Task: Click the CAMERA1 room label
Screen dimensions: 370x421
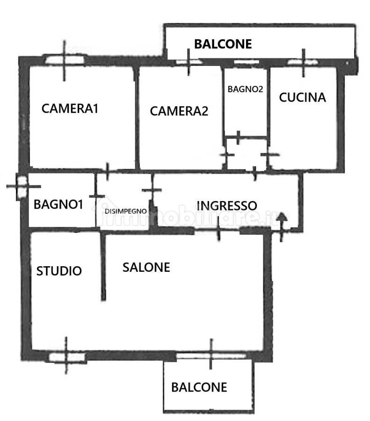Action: [x=70, y=109]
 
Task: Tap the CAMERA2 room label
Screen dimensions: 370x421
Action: [x=179, y=111]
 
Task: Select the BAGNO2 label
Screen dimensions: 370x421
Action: [x=245, y=89]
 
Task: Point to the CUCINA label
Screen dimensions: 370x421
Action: [x=302, y=97]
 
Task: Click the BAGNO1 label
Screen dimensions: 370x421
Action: [x=58, y=204]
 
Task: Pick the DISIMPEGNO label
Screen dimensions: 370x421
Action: [x=126, y=211]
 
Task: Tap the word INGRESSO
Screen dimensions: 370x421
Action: [x=227, y=206]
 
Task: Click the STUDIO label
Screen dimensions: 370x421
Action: [x=59, y=271]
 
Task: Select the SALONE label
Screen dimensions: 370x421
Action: [x=146, y=268]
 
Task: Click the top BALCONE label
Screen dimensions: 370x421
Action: [x=223, y=44]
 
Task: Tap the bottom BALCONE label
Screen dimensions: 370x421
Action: [x=199, y=387]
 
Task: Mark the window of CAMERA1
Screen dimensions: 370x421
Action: [x=65, y=59]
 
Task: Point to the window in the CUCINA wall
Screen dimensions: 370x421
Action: [x=303, y=62]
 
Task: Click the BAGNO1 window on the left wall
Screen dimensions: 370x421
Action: [x=22, y=187]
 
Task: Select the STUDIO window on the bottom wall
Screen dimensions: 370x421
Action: [x=66, y=357]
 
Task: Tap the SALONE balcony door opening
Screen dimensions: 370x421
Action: [x=211, y=356]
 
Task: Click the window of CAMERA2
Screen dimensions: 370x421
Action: [x=189, y=62]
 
